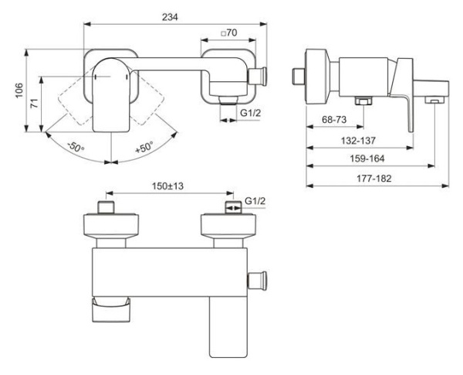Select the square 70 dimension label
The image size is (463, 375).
(228, 33)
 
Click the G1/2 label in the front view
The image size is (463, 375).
(250, 114)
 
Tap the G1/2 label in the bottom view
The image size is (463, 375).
(255, 202)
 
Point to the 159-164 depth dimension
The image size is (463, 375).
(367, 158)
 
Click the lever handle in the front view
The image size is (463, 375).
(113, 97)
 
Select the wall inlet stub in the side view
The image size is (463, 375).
(299, 76)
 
